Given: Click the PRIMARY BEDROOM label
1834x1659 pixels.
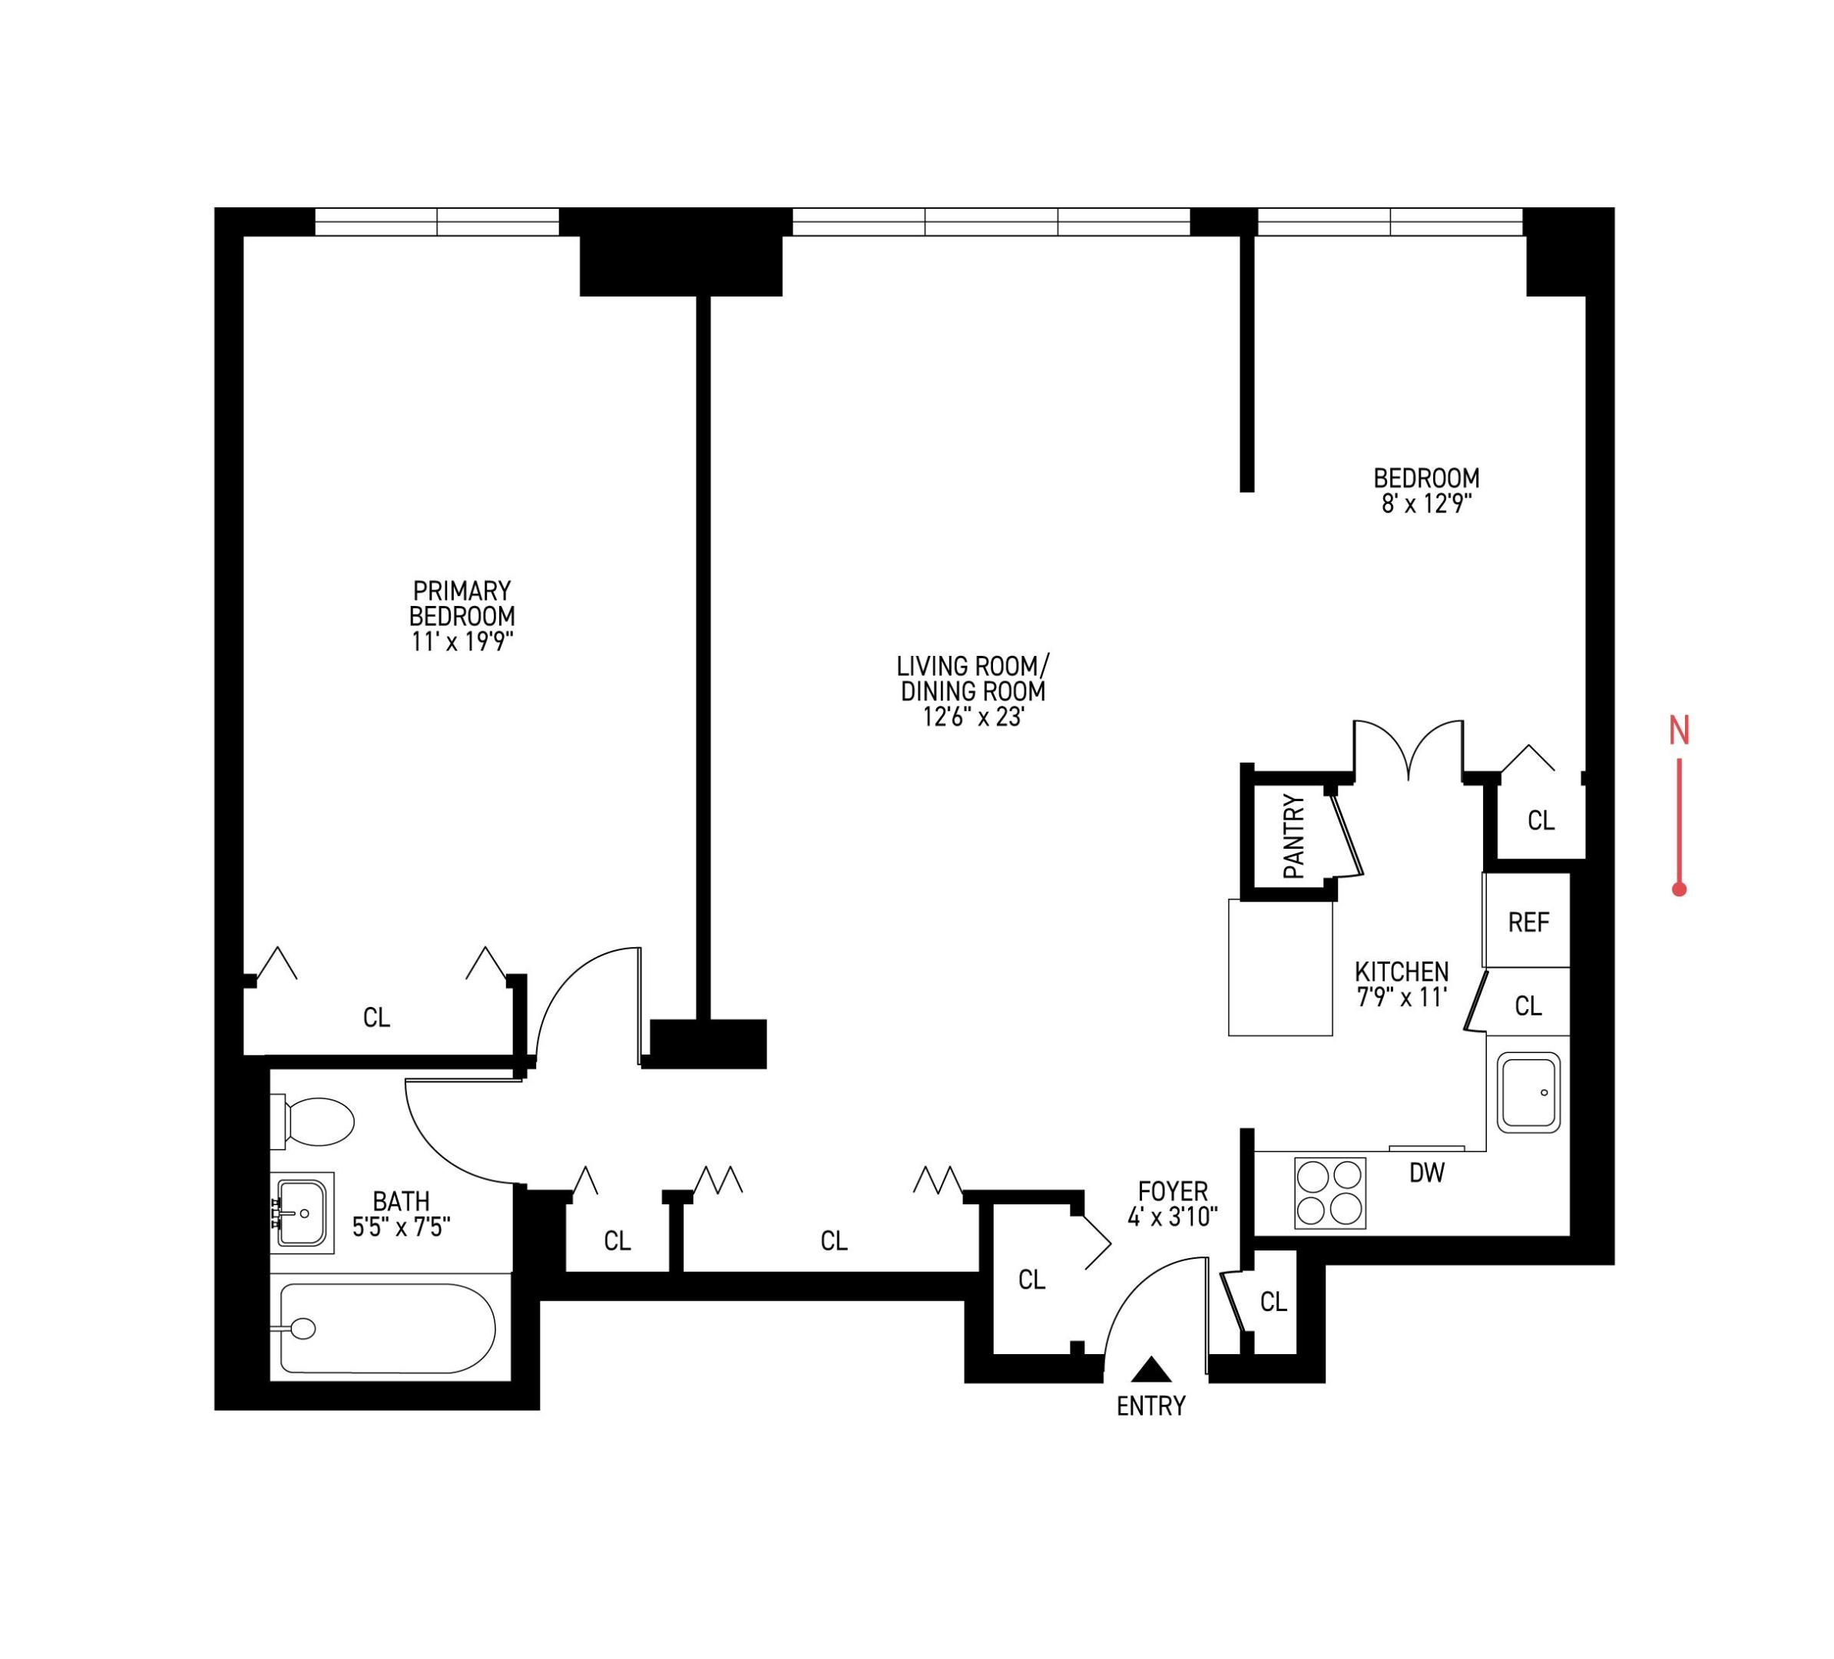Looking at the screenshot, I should pyautogui.click(x=462, y=603).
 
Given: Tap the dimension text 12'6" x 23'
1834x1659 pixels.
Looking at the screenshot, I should pyautogui.click(x=973, y=717).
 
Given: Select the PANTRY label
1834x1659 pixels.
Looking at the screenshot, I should pyautogui.click(x=1293, y=836).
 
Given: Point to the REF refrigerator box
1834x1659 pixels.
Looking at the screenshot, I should pyautogui.click(x=1528, y=922).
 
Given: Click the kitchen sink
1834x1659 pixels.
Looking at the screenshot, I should pyautogui.click(x=1528, y=1092).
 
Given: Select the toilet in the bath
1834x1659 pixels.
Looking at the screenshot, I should pyautogui.click(x=314, y=1121).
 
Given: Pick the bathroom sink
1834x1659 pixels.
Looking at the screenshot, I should pyautogui.click(x=301, y=1213).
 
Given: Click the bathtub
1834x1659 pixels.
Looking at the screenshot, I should pyautogui.click(x=386, y=1329).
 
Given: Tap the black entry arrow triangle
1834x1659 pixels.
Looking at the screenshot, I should pyautogui.click(x=1152, y=1369).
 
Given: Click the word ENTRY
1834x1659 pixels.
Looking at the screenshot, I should pyautogui.click(x=1150, y=1406).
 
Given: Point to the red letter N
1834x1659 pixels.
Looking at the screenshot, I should pyautogui.click(x=1678, y=730).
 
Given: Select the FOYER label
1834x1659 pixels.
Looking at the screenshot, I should pyautogui.click(x=1173, y=1190).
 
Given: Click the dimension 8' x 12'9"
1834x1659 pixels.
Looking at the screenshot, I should pyautogui.click(x=1426, y=503).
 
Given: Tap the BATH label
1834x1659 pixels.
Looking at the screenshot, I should pyautogui.click(x=401, y=1201).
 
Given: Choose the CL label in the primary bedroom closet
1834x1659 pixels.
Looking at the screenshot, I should pyautogui.click(x=376, y=1018).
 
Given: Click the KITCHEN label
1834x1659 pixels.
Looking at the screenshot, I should pyautogui.click(x=1401, y=972).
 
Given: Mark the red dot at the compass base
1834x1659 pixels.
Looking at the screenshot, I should pyautogui.click(x=1680, y=889).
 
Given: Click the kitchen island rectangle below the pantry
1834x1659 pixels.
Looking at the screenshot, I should pyautogui.click(x=1280, y=968).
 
